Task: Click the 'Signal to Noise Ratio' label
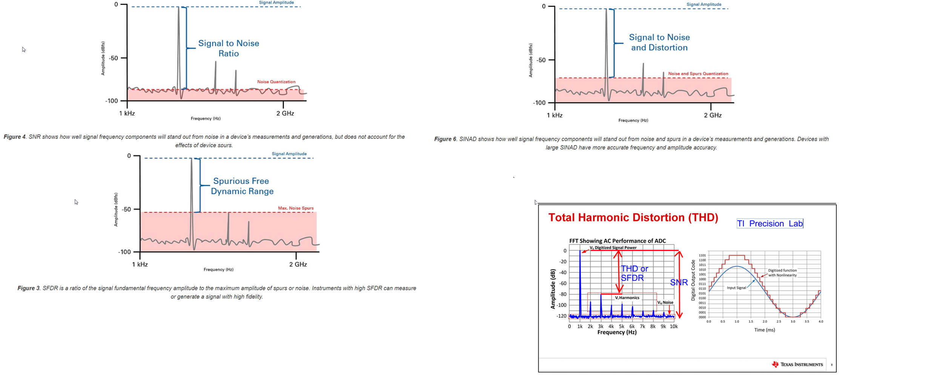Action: click(229, 48)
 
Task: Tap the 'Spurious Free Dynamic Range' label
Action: click(242, 186)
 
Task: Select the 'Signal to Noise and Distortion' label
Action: click(659, 42)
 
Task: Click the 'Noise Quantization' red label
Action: click(276, 82)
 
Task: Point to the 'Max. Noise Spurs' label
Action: click(295, 208)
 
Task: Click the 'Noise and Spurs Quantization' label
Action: click(698, 74)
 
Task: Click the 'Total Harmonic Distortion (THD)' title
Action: click(633, 218)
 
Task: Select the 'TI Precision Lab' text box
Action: click(770, 224)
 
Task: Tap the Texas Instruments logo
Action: click(797, 364)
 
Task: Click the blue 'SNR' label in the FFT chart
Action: click(679, 282)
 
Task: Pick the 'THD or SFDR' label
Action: click(635, 273)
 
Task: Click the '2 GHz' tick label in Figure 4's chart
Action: click(285, 114)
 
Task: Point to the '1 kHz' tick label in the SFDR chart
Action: click(140, 265)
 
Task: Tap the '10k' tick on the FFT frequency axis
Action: click(673, 326)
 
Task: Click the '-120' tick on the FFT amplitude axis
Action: click(562, 316)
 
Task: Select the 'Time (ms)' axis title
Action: click(764, 330)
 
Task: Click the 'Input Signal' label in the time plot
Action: click(736, 288)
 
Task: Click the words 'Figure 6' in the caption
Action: click(445, 139)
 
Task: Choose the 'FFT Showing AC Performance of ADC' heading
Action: click(617, 241)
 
